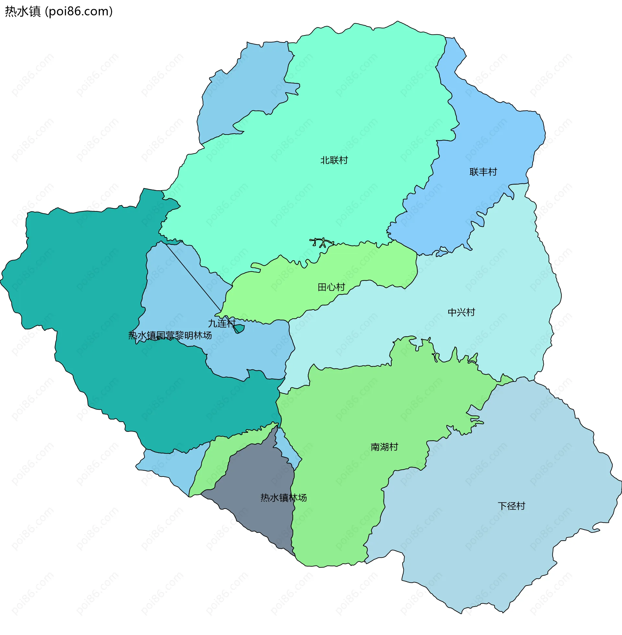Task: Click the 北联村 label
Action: coord(334,160)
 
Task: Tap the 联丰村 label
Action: coord(483,172)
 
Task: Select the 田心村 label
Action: coord(331,287)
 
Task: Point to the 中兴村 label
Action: coord(461,312)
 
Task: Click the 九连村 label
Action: coord(222,323)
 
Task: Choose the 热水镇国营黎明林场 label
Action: coord(170,335)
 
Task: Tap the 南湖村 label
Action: coord(384,447)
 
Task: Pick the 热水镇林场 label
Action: coord(283,498)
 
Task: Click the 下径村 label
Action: coord(511,506)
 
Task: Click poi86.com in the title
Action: coord(78,11)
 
